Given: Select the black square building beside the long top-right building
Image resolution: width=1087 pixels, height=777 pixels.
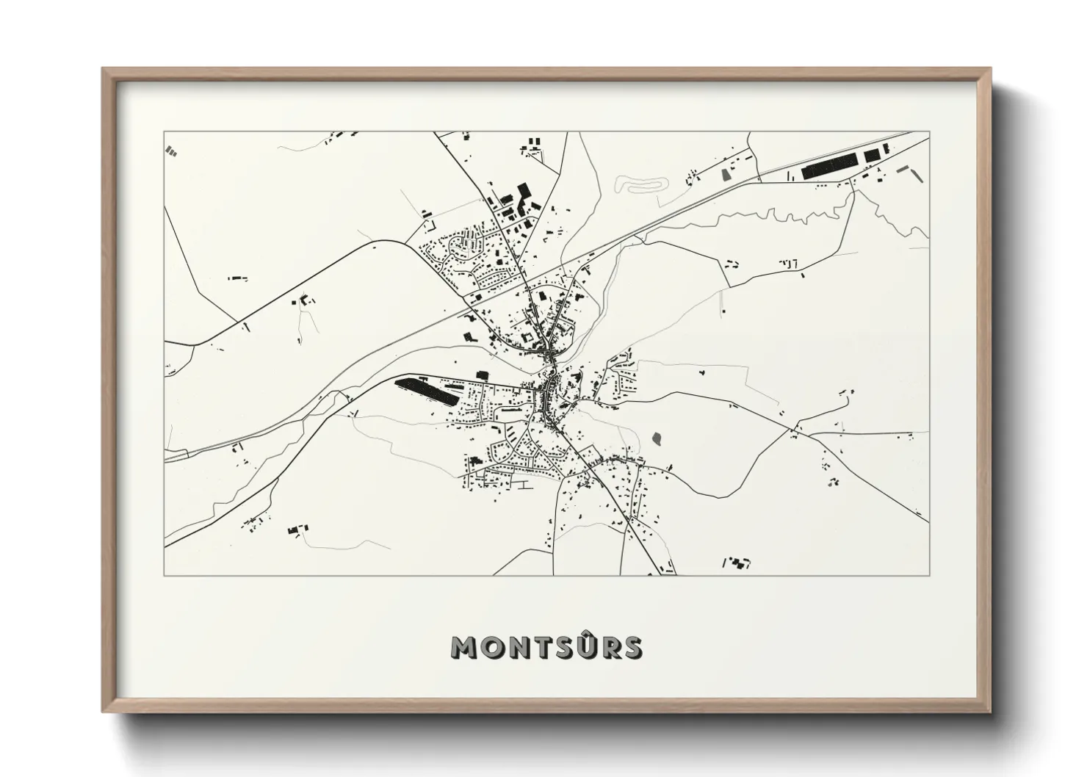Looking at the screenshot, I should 871,156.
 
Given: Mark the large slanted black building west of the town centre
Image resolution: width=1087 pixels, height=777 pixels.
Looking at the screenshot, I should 427,391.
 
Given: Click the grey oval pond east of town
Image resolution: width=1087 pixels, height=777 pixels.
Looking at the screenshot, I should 656,439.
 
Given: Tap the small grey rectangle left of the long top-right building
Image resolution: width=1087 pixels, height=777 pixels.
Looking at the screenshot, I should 728,175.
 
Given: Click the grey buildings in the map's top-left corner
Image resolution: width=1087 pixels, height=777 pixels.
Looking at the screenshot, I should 173,151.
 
